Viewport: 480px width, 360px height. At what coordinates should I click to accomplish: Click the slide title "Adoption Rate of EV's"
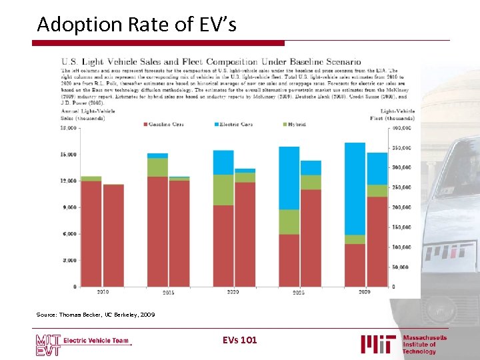click(x=136, y=24)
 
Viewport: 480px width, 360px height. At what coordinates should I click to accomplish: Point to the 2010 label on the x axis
click(x=103, y=292)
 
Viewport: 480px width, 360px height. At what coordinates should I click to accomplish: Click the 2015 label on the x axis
click(x=169, y=293)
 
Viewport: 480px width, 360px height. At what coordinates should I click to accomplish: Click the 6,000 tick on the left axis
click(x=69, y=234)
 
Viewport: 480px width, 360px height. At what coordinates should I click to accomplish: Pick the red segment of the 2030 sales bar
click(x=355, y=265)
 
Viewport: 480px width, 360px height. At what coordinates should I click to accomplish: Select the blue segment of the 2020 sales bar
click(x=223, y=162)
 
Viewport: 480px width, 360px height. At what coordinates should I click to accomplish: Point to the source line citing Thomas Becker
click(x=96, y=314)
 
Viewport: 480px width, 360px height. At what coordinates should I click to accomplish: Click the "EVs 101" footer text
click(x=239, y=341)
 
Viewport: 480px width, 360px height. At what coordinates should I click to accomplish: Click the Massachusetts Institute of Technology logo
click(x=404, y=344)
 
